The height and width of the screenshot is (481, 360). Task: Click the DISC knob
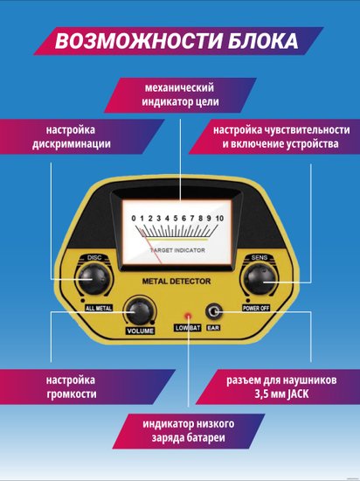tap(93, 278)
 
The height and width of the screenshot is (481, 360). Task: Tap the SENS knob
tap(260, 280)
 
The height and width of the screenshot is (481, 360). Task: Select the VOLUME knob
tap(140, 311)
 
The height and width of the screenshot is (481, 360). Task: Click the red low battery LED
tap(187, 316)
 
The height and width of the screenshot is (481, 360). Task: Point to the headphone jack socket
tap(213, 312)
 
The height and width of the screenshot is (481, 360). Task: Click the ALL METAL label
tap(99, 308)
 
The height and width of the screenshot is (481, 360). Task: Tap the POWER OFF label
tap(256, 308)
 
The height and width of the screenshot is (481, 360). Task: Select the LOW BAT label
tap(188, 328)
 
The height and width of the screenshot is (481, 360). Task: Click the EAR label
tap(213, 328)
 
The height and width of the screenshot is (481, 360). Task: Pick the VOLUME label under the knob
tap(141, 331)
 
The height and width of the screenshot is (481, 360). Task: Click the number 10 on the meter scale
tap(219, 219)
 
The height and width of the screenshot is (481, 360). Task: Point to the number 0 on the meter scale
tap(134, 219)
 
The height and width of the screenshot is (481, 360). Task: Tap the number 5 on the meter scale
tap(176, 219)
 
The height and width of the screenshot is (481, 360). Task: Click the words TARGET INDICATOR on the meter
tap(177, 250)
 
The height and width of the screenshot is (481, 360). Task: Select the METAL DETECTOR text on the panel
tap(177, 282)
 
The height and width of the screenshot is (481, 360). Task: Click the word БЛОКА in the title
tap(263, 41)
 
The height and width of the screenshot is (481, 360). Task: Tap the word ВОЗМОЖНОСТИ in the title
tap(138, 41)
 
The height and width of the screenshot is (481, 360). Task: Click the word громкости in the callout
tap(72, 394)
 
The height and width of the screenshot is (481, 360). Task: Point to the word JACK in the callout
tap(295, 394)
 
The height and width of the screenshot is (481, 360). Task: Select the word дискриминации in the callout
tap(72, 144)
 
